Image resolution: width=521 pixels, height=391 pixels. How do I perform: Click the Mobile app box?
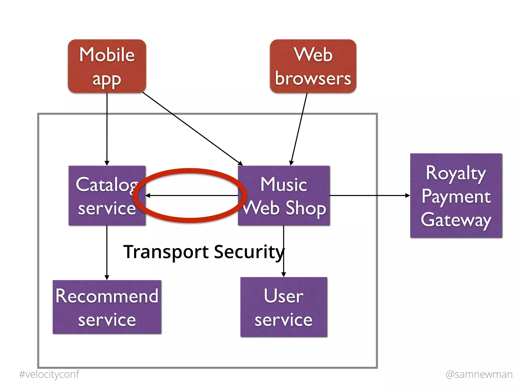click(107, 66)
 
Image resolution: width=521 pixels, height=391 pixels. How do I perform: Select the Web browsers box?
click(313, 66)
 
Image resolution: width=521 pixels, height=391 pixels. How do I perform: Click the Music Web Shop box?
click(284, 195)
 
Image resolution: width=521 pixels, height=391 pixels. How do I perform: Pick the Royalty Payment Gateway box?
click(456, 195)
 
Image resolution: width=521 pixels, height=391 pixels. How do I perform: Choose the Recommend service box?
click(107, 307)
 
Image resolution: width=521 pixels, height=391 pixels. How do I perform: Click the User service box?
click(284, 307)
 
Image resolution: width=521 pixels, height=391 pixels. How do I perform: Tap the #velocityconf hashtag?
click(49, 374)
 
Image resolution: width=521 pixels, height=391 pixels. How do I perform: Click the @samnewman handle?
click(479, 374)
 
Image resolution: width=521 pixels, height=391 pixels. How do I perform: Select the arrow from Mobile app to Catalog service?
click(107, 127)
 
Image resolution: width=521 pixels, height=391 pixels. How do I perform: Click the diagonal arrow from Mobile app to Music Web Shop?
click(191, 128)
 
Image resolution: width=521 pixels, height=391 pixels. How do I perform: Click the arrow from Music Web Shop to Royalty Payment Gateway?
click(369, 195)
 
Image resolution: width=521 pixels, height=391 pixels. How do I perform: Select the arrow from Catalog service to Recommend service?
click(107, 252)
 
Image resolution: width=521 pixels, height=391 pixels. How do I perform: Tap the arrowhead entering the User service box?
click(284, 274)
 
